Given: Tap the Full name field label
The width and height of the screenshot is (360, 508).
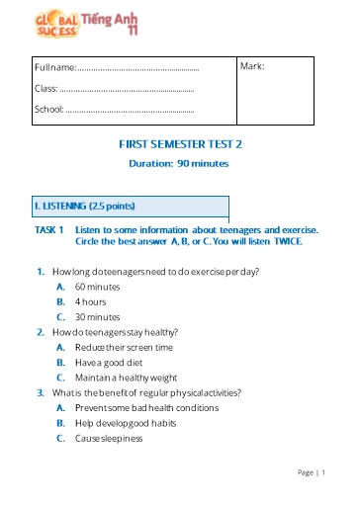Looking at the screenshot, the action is pos(55,68).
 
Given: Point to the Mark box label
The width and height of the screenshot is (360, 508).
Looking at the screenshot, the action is pos(252,66).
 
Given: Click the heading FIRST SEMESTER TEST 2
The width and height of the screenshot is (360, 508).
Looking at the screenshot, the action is pos(180,144).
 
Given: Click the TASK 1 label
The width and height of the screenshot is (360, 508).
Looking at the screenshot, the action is pos(48,229).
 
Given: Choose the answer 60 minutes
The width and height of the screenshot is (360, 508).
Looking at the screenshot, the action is pos(97,286).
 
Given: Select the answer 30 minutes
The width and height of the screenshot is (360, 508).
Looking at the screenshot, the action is pos(97,316).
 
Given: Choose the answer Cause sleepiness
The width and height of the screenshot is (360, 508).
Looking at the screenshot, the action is pos(109,438).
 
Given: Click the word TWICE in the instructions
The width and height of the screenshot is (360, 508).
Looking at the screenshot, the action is pos(288,240).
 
